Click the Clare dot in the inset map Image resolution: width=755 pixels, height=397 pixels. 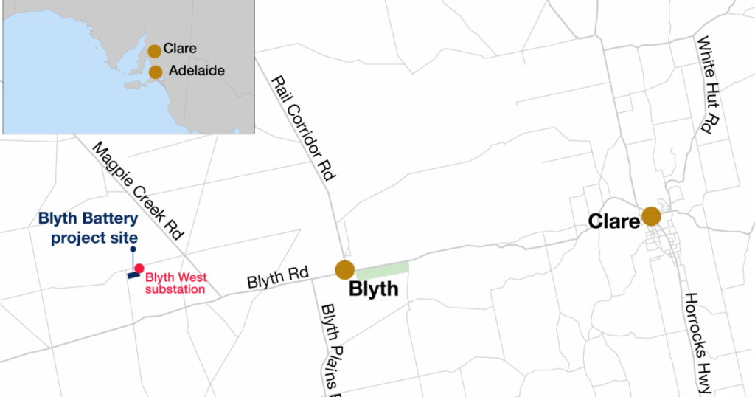[154, 51]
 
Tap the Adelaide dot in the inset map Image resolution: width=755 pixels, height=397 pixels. [156, 72]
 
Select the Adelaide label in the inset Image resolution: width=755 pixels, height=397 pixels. [196, 72]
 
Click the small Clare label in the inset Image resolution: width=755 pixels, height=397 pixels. [181, 49]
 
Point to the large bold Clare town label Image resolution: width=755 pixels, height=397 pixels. [613, 221]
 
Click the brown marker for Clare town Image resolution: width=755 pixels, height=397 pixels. [651, 216]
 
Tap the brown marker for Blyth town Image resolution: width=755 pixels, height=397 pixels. [344, 270]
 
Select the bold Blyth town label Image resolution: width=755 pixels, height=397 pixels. [373, 289]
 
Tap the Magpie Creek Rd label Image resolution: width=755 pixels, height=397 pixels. [138, 191]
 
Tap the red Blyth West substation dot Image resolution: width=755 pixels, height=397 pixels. [139, 268]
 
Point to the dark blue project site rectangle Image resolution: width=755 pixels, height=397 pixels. [133, 275]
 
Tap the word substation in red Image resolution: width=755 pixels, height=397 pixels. [175, 289]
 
